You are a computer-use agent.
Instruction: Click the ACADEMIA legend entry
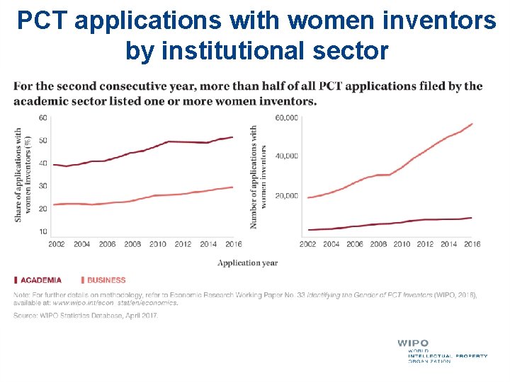point(40,280)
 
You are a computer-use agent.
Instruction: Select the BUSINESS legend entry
point(106,280)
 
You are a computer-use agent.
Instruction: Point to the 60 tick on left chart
point(43,117)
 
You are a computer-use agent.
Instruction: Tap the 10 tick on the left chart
point(43,232)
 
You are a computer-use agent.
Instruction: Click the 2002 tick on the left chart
point(57,244)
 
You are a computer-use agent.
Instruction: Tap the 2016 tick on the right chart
point(472,244)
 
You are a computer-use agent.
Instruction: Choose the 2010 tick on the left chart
point(157,244)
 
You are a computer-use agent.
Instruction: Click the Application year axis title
point(247,263)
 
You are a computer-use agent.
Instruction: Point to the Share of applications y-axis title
point(23,175)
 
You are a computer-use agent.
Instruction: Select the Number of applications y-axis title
point(259,177)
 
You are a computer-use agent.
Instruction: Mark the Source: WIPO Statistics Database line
point(86,316)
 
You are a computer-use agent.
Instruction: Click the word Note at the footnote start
point(23,294)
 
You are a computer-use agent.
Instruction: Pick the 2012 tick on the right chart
point(425,244)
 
